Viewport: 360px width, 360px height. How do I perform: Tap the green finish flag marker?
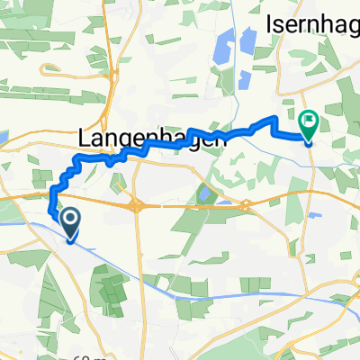click(308, 121)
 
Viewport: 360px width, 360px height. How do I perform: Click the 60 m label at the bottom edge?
click(80, 356)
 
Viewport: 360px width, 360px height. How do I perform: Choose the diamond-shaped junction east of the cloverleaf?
click(245, 206)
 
